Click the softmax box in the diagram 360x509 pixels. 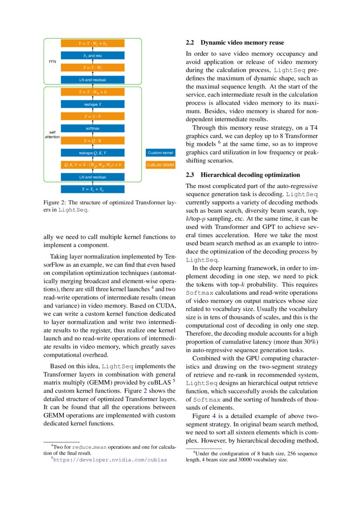(x=92, y=128)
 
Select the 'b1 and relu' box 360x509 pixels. (x=92, y=56)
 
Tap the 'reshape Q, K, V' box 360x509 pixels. (x=92, y=153)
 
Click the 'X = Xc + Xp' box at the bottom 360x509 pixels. (x=92, y=189)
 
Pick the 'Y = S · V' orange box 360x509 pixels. (x=92, y=116)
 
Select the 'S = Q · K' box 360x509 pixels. (x=92, y=141)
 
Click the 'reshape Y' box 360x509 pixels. (x=92, y=104)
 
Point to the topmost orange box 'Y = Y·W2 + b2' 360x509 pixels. (x=92, y=44)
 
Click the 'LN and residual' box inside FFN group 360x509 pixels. (x=92, y=80)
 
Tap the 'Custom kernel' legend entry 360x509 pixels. (x=160, y=153)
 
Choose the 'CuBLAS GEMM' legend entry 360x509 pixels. (x=160, y=165)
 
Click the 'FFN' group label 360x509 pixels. (x=52, y=61)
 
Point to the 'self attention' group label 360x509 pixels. (x=52, y=135)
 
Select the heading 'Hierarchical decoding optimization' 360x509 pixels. (x=250, y=175)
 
